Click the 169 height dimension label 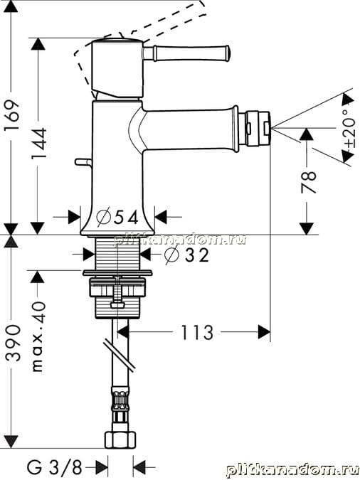pyautogui.click(x=11, y=115)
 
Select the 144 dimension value pyautogui.click(x=39, y=143)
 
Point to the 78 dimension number pyautogui.click(x=308, y=182)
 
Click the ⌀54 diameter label pyautogui.click(x=117, y=217)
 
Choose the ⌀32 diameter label pyautogui.click(x=186, y=255)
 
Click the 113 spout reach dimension pyautogui.click(x=197, y=333)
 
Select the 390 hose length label pyautogui.click(x=14, y=343)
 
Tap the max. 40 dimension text pyautogui.click(x=38, y=336)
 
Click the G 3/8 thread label pyautogui.click(x=55, y=466)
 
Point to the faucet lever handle pyautogui.click(x=186, y=53)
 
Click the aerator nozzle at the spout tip pyautogui.click(x=255, y=128)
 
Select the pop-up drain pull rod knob pyautogui.click(x=83, y=162)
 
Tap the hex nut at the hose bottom pyautogui.click(x=120, y=439)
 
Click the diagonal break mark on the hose pyautogui.click(x=119, y=355)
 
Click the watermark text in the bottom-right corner pyautogui.click(x=292, y=469)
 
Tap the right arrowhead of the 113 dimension pyautogui.click(x=264, y=332)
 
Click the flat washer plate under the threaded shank pyautogui.click(x=117, y=272)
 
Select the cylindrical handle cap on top pyautogui.click(x=117, y=68)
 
